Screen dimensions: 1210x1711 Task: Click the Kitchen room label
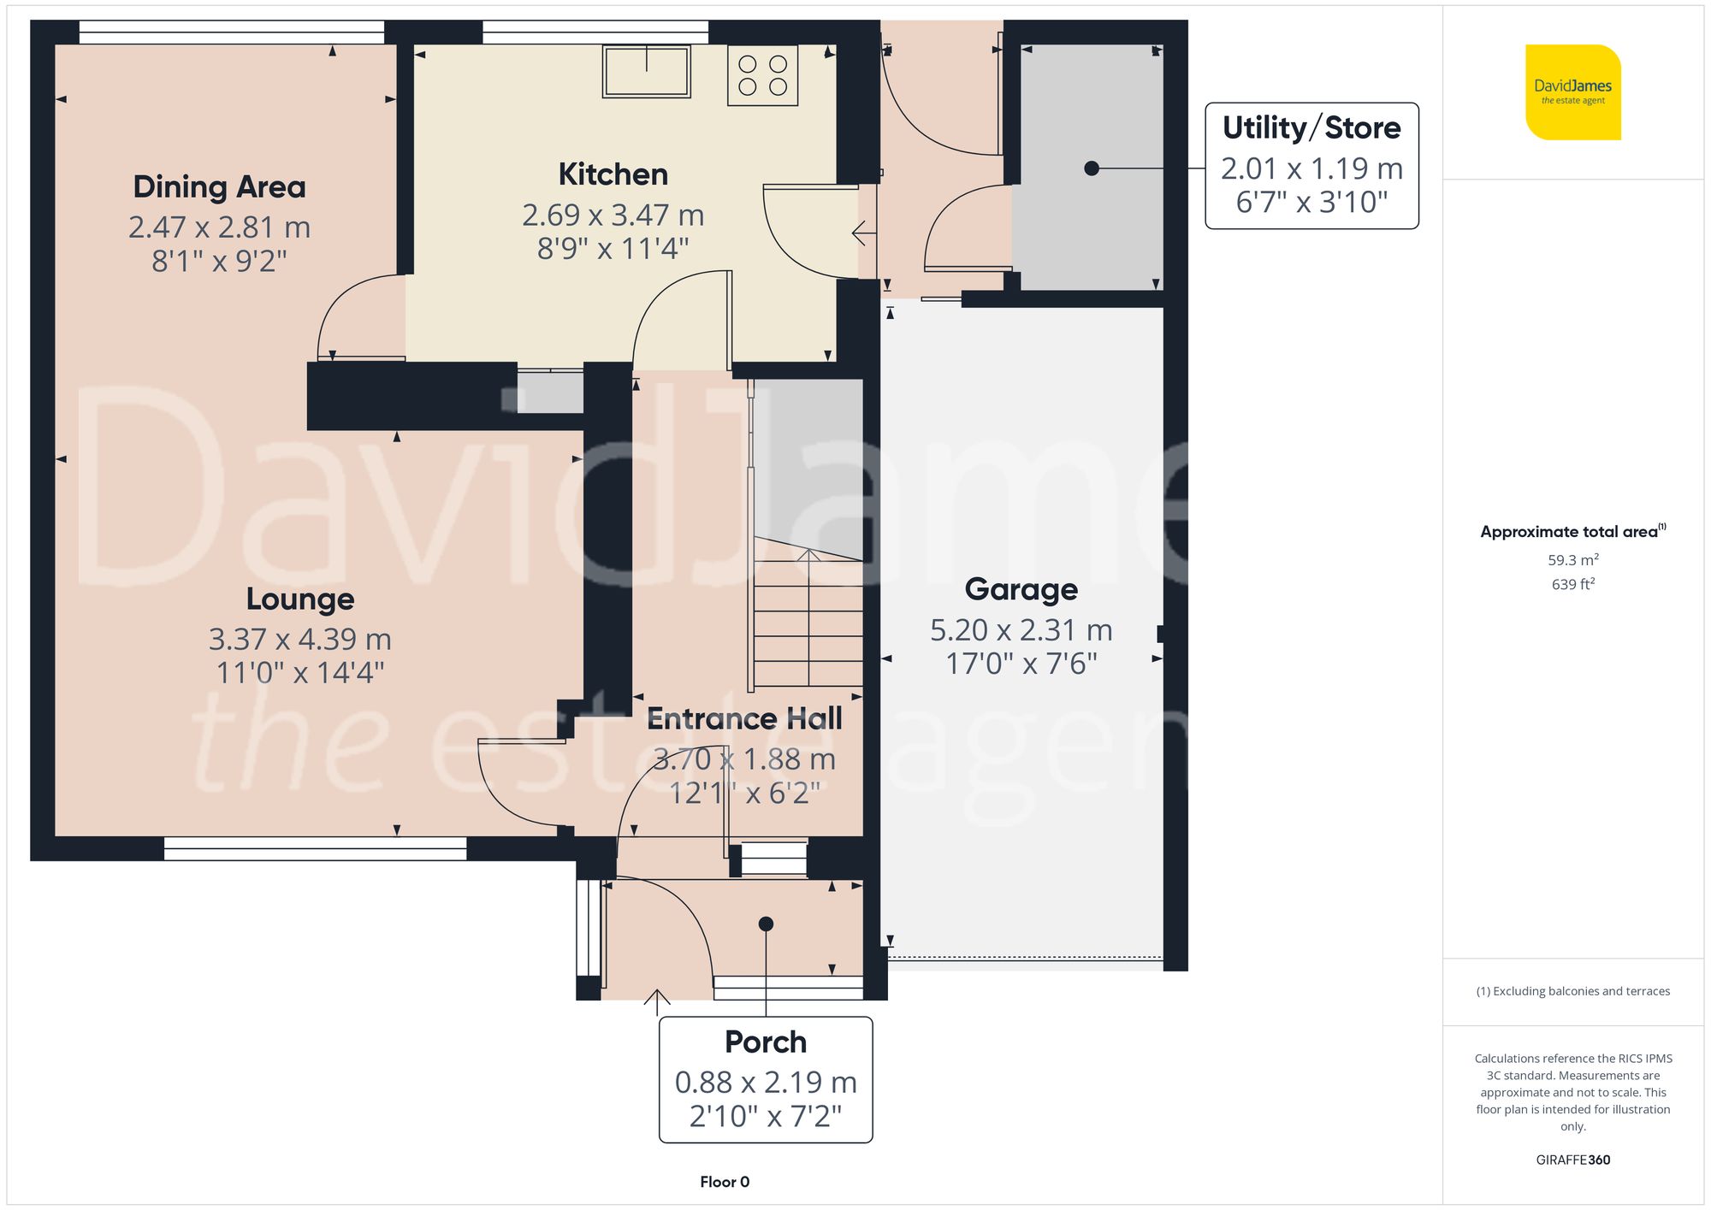coord(613,174)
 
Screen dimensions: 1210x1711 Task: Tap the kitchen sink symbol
coord(646,72)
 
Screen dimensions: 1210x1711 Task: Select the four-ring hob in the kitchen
coord(762,75)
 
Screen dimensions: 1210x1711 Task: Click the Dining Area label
coord(219,186)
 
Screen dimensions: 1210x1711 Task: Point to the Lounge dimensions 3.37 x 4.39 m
coord(299,639)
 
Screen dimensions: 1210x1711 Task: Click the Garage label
coord(1021,589)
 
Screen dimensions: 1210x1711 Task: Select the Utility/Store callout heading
coord(1311,128)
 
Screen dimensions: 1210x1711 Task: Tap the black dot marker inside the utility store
coord(1091,168)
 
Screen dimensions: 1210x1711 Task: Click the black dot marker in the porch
coord(766,924)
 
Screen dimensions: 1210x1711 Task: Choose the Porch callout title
coord(765,1042)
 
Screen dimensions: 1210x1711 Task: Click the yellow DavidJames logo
coord(1572,92)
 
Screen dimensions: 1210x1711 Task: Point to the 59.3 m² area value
coord(1572,560)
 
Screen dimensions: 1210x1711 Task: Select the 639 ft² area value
coord(1572,584)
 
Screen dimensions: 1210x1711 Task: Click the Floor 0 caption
coord(724,1182)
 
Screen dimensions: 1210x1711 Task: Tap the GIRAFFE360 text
coord(1572,1160)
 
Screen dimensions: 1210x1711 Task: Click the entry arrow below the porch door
coord(656,999)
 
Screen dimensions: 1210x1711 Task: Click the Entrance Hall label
coord(743,719)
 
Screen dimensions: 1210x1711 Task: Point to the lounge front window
coord(315,847)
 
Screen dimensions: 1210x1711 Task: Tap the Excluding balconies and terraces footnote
coord(1572,991)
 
